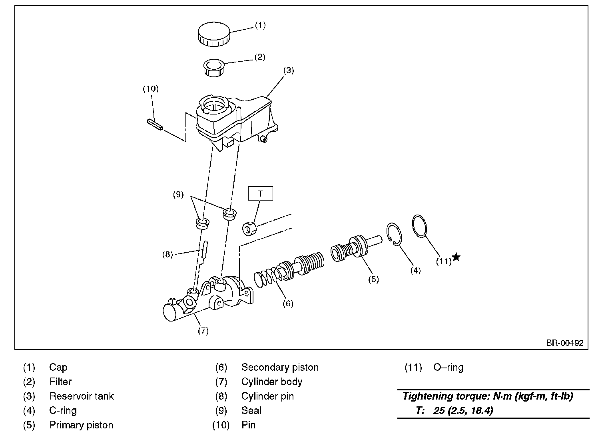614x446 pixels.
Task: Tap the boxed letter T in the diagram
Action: coord(260,194)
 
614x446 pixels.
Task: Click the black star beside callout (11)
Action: coord(456,257)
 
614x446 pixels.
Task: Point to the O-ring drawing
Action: coord(419,226)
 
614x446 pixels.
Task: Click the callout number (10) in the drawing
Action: coord(151,88)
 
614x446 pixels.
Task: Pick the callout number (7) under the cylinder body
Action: coord(203,331)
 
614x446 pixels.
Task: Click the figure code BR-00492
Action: coord(565,343)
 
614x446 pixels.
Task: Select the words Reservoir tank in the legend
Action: coord(82,396)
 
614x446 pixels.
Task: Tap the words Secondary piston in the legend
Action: coord(280,367)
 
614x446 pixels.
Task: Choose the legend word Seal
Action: coord(251,410)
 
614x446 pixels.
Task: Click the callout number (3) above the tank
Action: coord(288,70)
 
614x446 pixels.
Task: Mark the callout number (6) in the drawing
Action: coord(287,303)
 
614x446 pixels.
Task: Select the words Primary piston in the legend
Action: coord(81,425)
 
